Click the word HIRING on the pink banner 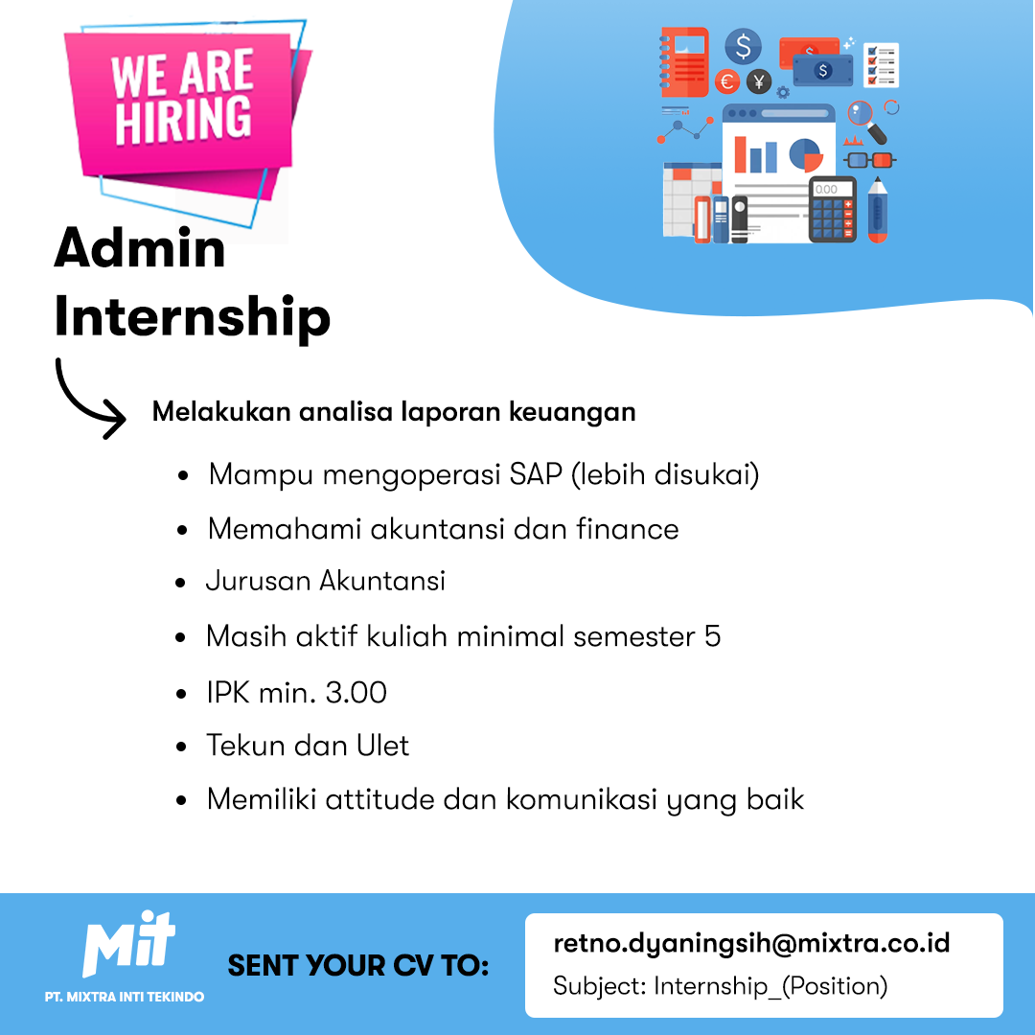(x=183, y=119)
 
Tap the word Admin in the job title (x=140, y=247)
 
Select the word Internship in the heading (x=192, y=317)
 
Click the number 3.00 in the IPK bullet (x=356, y=693)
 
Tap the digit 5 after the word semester (x=712, y=636)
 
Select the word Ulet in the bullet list (x=382, y=746)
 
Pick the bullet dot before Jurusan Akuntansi (x=181, y=583)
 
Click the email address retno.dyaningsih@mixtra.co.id (x=751, y=943)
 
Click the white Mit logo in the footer (x=128, y=943)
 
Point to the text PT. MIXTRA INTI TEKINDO (x=124, y=997)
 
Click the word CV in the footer (x=413, y=966)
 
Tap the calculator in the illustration (x=833, y=209)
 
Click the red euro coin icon (x=727, y=81)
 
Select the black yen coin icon (x=759, y=81)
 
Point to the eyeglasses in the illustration (x=870, y=160)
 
